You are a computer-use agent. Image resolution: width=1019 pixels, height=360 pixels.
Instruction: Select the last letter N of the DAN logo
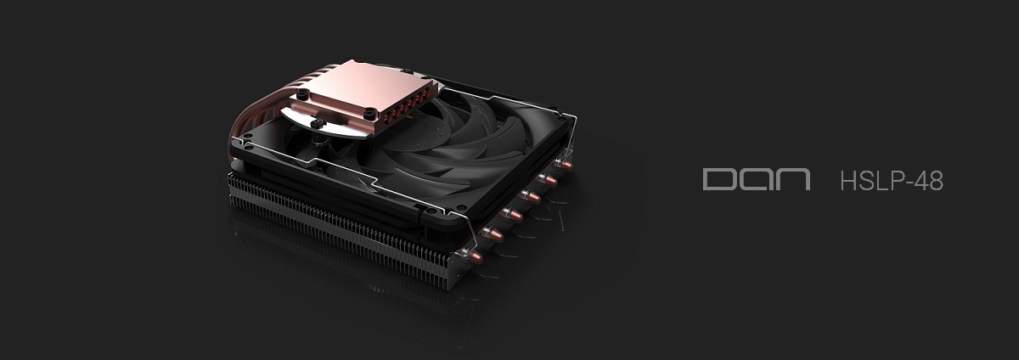(x=794, y=179)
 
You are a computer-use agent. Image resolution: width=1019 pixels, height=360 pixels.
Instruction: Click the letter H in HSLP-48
(x=849, y=181)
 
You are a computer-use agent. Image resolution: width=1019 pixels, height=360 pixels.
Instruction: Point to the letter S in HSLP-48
(x=867, y=181)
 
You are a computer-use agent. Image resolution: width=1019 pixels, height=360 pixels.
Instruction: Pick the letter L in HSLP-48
(x=882, y=181)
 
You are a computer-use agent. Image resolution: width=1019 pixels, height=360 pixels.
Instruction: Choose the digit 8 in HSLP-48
(x=937, y=181)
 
